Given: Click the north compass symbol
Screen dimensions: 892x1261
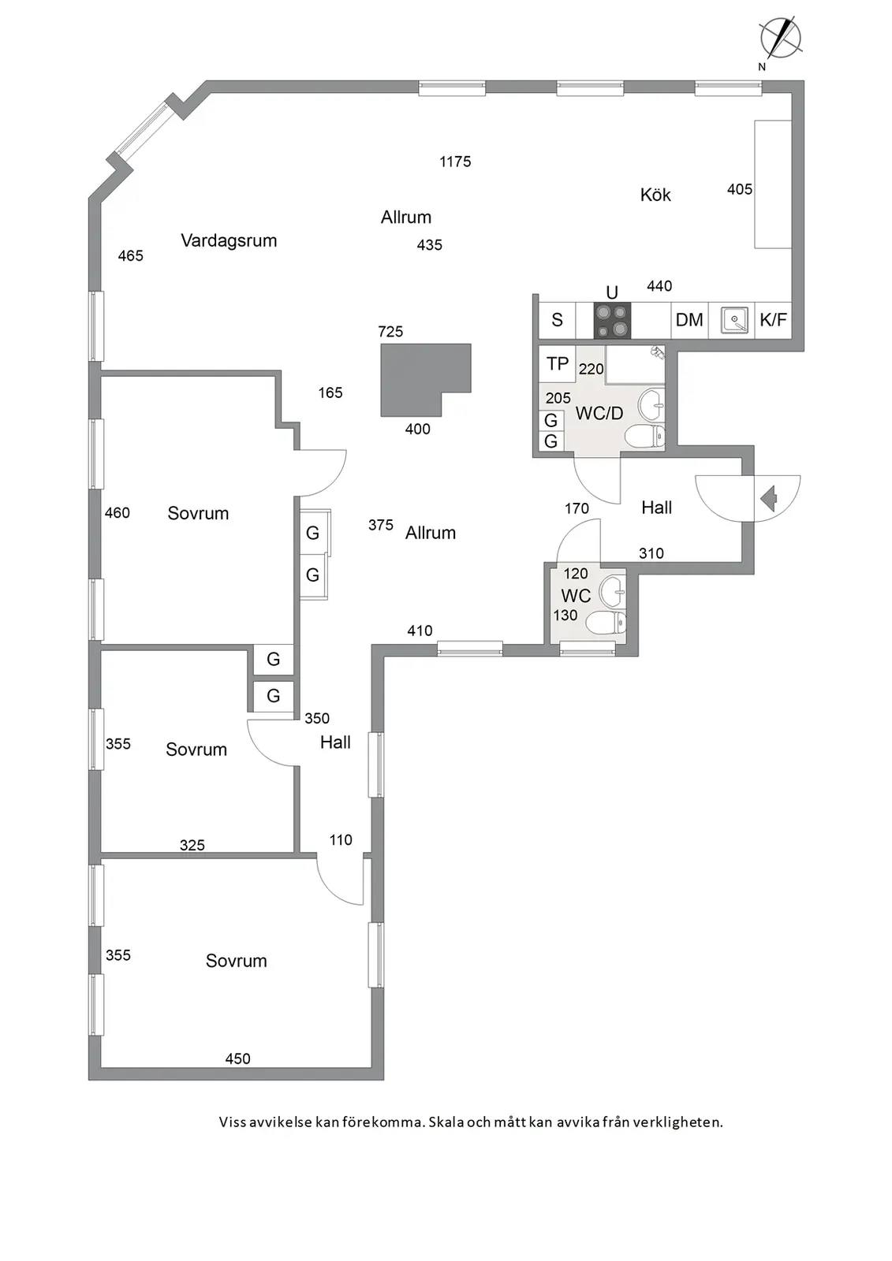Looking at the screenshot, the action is point(780,39).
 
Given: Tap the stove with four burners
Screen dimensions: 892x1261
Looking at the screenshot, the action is point(612,320).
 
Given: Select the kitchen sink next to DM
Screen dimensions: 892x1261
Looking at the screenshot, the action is point(735,320).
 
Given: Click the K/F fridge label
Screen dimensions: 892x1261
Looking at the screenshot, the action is point(773,320).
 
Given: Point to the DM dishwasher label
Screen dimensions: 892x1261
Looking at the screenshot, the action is point(689,320).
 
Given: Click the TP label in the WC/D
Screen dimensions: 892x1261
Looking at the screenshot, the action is point(558,363).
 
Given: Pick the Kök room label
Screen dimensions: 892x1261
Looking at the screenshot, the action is point(655,195).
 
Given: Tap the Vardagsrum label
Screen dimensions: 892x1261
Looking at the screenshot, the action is point(229,241).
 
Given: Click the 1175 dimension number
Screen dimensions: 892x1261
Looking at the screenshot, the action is point(455,162).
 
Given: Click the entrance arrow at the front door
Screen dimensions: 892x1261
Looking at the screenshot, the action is point(769,499).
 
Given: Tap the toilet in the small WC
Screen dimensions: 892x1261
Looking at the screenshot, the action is point(606,623).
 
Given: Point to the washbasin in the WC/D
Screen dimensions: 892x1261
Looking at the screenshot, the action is point(651,404).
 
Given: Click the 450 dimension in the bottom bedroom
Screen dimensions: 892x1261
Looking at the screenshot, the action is point(238,1059).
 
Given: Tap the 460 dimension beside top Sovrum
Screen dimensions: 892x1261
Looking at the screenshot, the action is point(118,513).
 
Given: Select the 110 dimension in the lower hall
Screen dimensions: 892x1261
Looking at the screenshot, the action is point(341,840).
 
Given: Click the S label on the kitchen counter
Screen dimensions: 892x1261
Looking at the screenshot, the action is point(557,320).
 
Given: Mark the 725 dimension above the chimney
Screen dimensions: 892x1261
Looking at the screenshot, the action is point(390,332).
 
